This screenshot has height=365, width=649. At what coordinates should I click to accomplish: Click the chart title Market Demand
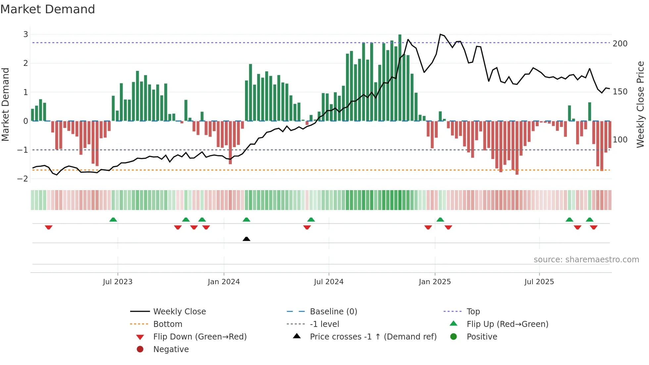pyautogui.click(x=48, y=9)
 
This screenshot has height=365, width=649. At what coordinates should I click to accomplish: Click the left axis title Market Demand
pyautogui.click(x=6, y=105)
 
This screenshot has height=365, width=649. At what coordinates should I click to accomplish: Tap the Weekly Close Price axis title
pyautogui.click(x=640, y=105)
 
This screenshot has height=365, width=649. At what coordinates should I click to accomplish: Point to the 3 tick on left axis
pyautogui.click(x=25, y=34)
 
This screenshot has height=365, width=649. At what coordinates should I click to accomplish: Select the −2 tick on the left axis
pyautogui.click(x=23, y=179)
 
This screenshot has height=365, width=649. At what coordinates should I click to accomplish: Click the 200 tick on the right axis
pyautogui.click(x=620, y=44)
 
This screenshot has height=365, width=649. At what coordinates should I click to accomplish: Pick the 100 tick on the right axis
pyautogui.click(x=620, y=140)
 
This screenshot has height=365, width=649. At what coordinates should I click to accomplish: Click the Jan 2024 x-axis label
pyautogui.click(x=224, y=282)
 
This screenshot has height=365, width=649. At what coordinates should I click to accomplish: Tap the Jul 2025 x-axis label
pyautogui.click(x=539, y=282)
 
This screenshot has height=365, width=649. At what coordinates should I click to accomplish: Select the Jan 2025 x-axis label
pyautogui.click(x=434, y=282)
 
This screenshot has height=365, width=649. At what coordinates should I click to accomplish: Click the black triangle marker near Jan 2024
pyautogui.click(x=246, y=239)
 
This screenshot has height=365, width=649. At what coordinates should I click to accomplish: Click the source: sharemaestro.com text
pyautogui.click(x=586, y=260)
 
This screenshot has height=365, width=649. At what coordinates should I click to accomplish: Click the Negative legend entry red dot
pyautogui.click(x=140, y=349)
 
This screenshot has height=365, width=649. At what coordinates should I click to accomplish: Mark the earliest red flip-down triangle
pyautogui.click(x=49, y=227)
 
